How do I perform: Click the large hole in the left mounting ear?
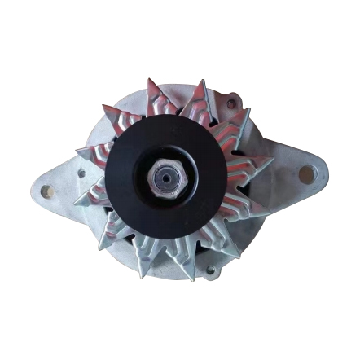click(x=46, y=191)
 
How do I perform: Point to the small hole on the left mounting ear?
click(x=81, y=173)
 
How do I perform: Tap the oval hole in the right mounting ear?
click(x=307, y=173)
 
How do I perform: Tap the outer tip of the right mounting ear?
click(x=326, y=173)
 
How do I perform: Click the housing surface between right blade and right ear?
click(x=281, y=171)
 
